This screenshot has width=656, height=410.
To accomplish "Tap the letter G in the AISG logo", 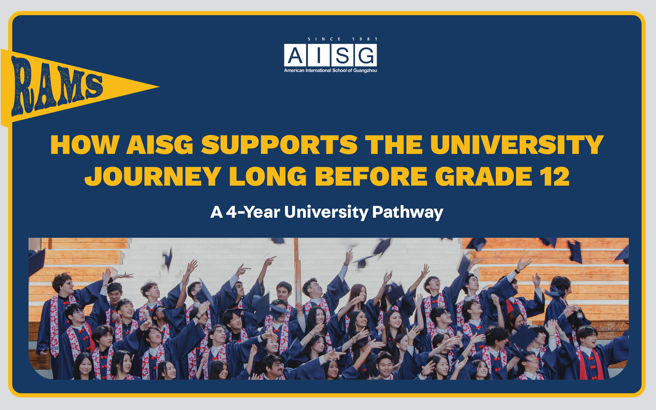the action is click(366, 55).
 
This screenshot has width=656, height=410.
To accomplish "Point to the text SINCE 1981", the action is click(342, 39).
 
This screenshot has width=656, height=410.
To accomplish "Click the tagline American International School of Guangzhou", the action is click(330, 70).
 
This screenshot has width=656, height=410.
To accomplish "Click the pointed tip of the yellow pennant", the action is click(159, 87).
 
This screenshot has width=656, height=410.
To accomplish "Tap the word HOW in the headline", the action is click(85, 145).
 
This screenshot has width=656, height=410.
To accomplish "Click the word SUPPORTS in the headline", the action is click(279, 145).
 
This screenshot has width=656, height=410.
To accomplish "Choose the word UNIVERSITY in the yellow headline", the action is click(517, 145).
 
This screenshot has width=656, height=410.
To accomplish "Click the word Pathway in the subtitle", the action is click(408, 212).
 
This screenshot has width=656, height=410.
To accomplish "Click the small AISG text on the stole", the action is click(55, 348).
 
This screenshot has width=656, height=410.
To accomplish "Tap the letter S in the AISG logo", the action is click(342, 55).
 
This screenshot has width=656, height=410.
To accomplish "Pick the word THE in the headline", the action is click(394, 145).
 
